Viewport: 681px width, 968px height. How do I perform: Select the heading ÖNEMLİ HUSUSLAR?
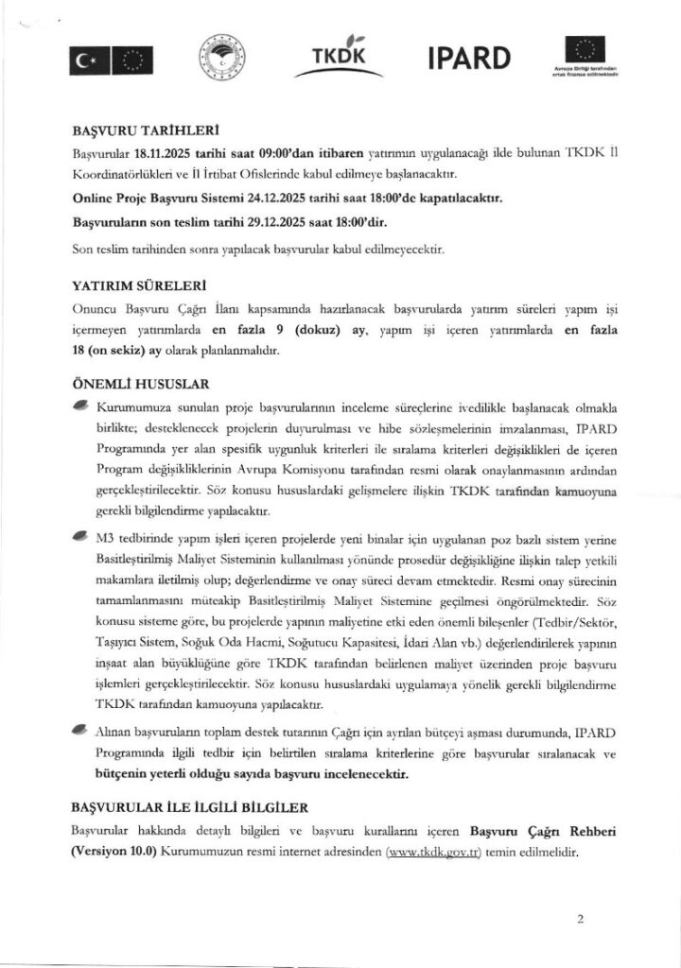pos(140,386)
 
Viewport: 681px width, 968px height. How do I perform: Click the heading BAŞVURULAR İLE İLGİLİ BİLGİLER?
pos(188,808)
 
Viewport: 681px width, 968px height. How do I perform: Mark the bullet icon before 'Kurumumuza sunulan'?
pos(80,406)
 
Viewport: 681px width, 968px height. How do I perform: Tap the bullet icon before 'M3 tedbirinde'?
pos(80,535)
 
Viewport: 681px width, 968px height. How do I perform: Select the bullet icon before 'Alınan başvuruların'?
pos(80,730)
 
